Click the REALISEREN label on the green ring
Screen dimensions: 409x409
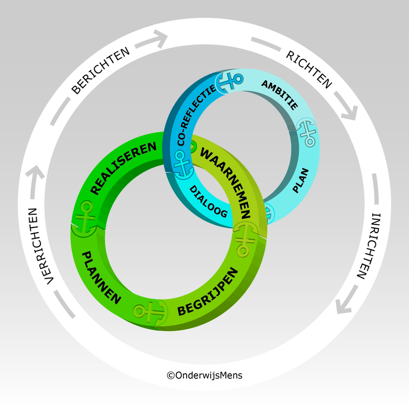coord(124,168)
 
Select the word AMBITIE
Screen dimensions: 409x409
coord(279,95)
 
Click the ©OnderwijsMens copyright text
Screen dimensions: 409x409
coord(204,375)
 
